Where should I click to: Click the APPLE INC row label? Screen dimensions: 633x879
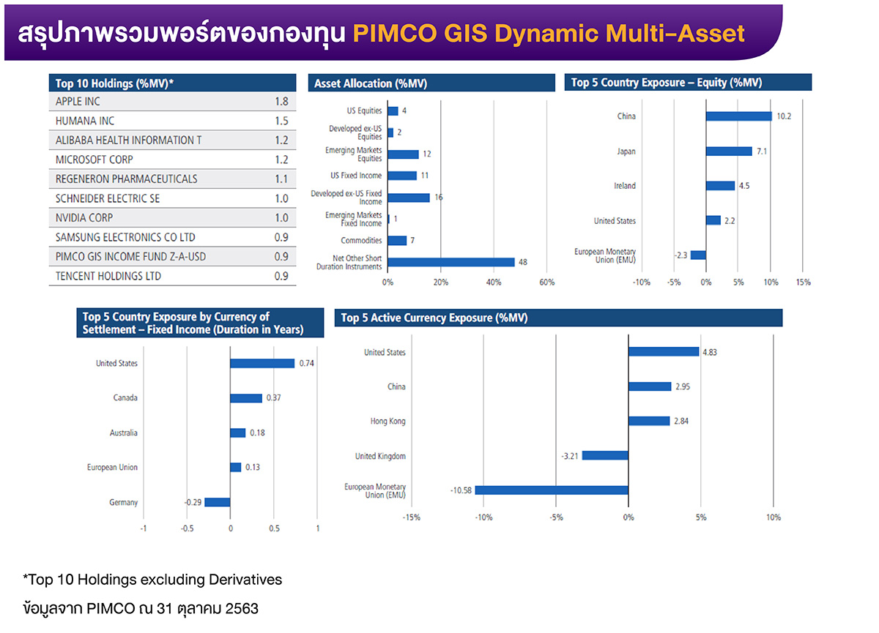point(78,102)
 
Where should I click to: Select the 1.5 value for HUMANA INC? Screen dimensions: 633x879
point(281,121)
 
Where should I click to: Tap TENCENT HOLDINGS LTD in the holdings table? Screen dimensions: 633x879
point(108,277)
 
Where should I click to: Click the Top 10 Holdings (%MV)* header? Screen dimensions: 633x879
point(115,83)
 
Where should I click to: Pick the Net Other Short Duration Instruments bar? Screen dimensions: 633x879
point(451,262)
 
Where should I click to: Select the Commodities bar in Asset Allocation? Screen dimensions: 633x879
point(397,241)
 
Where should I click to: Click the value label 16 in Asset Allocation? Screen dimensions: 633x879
point(438,198)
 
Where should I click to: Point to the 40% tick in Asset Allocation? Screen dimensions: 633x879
point(494,282)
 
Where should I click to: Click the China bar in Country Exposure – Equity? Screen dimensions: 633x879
point(738,116)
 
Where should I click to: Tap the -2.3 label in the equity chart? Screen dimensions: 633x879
point(680,255)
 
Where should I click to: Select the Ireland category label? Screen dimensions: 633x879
point(624,186)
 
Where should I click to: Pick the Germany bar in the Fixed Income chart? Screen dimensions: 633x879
point(218,502)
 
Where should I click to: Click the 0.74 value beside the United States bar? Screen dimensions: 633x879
point(307,364)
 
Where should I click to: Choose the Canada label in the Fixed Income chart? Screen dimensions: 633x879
point(125,398)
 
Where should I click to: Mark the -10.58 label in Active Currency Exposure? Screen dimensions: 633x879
point(461,490)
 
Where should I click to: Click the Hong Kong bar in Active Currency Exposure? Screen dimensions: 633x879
point(649,421)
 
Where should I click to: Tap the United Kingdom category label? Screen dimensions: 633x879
point(380,456)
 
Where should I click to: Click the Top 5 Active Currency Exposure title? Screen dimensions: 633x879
point(434,318)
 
